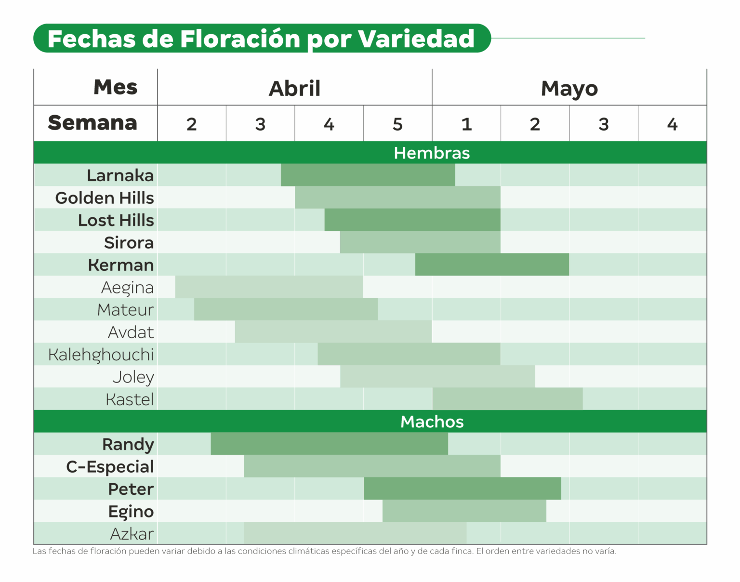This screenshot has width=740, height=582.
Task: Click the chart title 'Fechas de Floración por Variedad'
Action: (x=261, y=39)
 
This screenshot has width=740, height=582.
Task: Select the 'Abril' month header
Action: (x=294, y=88)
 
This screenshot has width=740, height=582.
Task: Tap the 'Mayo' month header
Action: (x=569, y=88)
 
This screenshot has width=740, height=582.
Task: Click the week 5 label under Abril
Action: (x=397, y=124)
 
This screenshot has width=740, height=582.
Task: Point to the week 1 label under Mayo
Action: (x=466, y=124)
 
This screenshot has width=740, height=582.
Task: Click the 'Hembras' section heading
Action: (x=432, y=153)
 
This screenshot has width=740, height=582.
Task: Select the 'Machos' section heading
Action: (x=432, y=422)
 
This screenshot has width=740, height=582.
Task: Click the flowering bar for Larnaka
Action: (x=368, y=175)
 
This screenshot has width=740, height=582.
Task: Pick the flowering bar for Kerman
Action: (x=492, y=265)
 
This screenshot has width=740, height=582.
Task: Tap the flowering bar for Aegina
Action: (x=269, y=287)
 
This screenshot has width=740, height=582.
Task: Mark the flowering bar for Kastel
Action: (x=507, y=399)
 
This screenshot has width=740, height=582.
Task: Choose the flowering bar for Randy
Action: (x=330, y=444)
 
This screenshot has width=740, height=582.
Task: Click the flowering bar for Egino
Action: (x=464, y=511)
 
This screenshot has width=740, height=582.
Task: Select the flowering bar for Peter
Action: (x=462, y=489)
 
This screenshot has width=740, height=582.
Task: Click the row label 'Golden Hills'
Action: (x=105, y=198)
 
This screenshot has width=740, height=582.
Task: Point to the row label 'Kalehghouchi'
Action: (x=101, y=355)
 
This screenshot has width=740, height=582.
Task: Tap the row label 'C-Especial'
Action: (x=110, y=466)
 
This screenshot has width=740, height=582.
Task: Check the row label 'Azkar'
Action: (x=132, y=534)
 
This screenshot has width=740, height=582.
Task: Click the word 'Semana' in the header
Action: (x=92, y=123)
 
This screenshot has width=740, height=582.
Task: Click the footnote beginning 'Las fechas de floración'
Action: (x=324, y=551)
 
